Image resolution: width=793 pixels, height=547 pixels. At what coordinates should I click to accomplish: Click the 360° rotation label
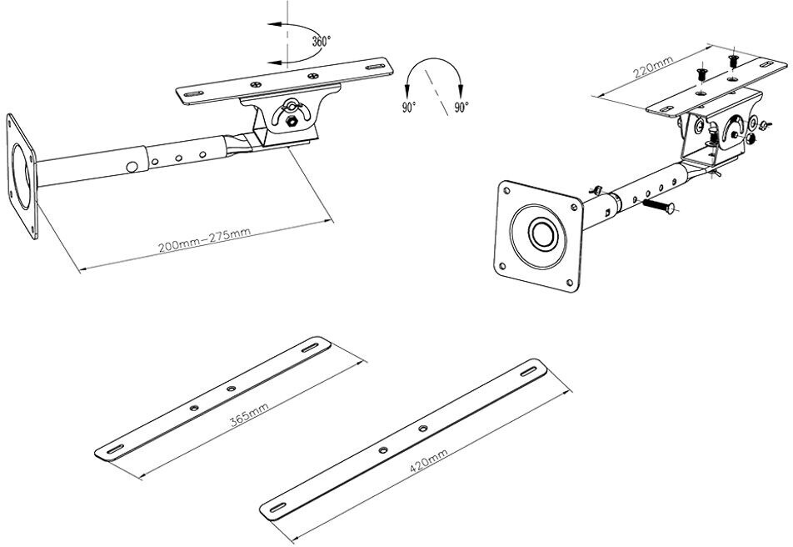pyautogui.click(x=322, y=41)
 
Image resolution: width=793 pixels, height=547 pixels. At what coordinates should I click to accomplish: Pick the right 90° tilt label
pyautogui.click(x=461, y=108)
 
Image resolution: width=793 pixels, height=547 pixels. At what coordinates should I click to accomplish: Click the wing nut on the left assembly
pyautogui.click(x=292, y=108)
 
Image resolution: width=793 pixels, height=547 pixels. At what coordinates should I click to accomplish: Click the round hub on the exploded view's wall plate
pyautogui.click(x=541, y=233)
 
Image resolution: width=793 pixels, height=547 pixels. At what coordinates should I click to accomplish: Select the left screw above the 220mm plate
pyautogui.click(x=701, y=72)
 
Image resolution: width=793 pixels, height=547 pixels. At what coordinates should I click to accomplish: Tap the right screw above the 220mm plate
pyautogui.click(x=733, y=60)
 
